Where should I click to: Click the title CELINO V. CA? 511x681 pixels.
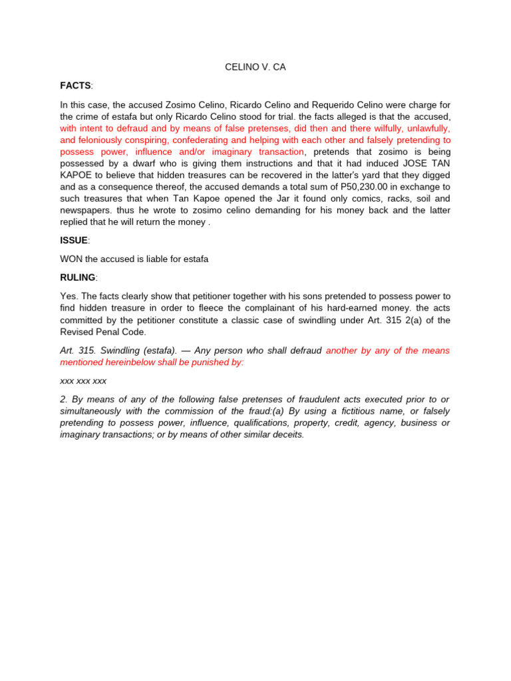[255, 67]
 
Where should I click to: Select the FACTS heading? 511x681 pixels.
[75, 86]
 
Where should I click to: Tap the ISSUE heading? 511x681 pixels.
[73, 240]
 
